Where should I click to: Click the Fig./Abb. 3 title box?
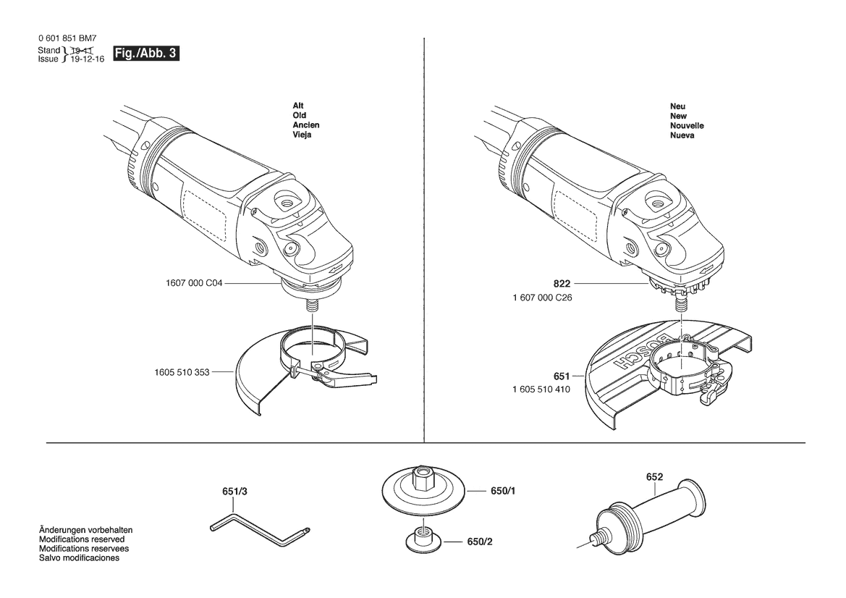tap(145, 54)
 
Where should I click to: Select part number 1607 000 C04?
tap(194, 283)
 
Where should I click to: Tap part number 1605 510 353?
tap(182, 372)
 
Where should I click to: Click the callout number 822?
tap(562, 284)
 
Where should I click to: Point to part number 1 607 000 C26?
tap(542, 298)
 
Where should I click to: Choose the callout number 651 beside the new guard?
tap(562, 376)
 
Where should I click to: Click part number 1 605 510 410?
tap(541, 389)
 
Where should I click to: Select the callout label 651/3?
tap(234, 492)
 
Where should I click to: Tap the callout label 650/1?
tap(503, 491)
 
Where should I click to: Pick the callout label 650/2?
tap(480, 542)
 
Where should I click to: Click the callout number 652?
tap(654, 477)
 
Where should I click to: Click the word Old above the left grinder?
tap(300, 116)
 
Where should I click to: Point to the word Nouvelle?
tap(687, 126)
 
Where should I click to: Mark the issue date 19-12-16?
tap(88, 59)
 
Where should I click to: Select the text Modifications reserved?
tap(82, 539)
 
